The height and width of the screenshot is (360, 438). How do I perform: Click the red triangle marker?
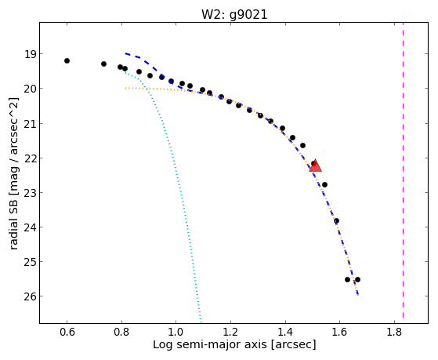click(315, 165)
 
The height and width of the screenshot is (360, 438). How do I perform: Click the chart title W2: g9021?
click(234, 14)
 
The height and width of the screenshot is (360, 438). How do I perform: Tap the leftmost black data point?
click(67, 60)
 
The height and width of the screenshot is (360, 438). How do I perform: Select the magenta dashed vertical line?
click(403, 170)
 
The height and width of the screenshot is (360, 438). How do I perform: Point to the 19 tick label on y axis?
click(31, 54)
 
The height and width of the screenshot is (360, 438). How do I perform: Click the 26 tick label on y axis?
click(31, 296)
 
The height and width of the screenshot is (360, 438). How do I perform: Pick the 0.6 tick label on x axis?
click(67, 333)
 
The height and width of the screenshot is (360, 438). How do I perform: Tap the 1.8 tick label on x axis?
click(394, 333)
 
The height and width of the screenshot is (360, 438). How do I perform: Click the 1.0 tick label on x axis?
click(176, 333)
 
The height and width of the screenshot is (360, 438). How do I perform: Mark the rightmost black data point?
click(357, 279)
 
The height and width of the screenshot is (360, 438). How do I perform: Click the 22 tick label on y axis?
click(31, 158)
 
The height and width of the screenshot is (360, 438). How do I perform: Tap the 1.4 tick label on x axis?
click(285, 333)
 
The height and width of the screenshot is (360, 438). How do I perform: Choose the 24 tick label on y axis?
click(31, 227)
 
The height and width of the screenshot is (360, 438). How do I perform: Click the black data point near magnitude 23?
click(324, 184)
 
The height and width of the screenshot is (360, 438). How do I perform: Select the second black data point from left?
click(103, 64)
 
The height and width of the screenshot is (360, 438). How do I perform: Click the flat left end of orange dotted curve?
click(125, 88)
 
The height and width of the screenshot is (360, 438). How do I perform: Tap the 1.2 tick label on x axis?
click(230, 333)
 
